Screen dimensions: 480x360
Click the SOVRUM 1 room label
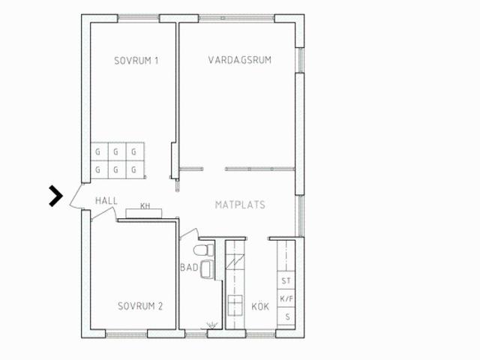point(136,61)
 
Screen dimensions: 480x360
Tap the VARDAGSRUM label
point(240,60)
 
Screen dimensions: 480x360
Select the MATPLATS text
point(240,205)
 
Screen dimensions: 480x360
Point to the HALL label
point(106,201)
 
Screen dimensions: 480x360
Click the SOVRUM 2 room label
point(140,306)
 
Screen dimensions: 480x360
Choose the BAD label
point(189,268)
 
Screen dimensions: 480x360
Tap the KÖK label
point(260,307)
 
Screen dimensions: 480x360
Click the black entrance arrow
point(56,196)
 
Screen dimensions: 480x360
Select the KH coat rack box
point(144,213)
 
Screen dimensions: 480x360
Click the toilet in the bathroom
point(204,250)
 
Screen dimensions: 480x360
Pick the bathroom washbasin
point(207,269)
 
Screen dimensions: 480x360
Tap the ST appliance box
point(286,280)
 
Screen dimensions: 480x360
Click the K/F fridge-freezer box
point(286,298)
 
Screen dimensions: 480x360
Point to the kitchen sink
point(235,305)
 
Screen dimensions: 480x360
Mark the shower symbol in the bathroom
point(211,325)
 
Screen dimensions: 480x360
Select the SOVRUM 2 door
point(103,214)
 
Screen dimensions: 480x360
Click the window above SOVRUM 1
point(139,17)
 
